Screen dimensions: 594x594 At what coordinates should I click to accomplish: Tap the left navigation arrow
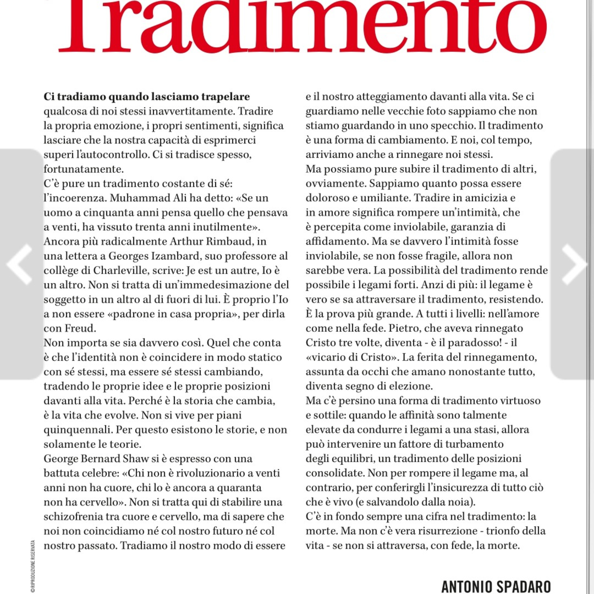pyautogui.click(x=19, y=264)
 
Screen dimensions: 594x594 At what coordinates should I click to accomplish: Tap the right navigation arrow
pyautogui.click(x=574, y=264)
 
